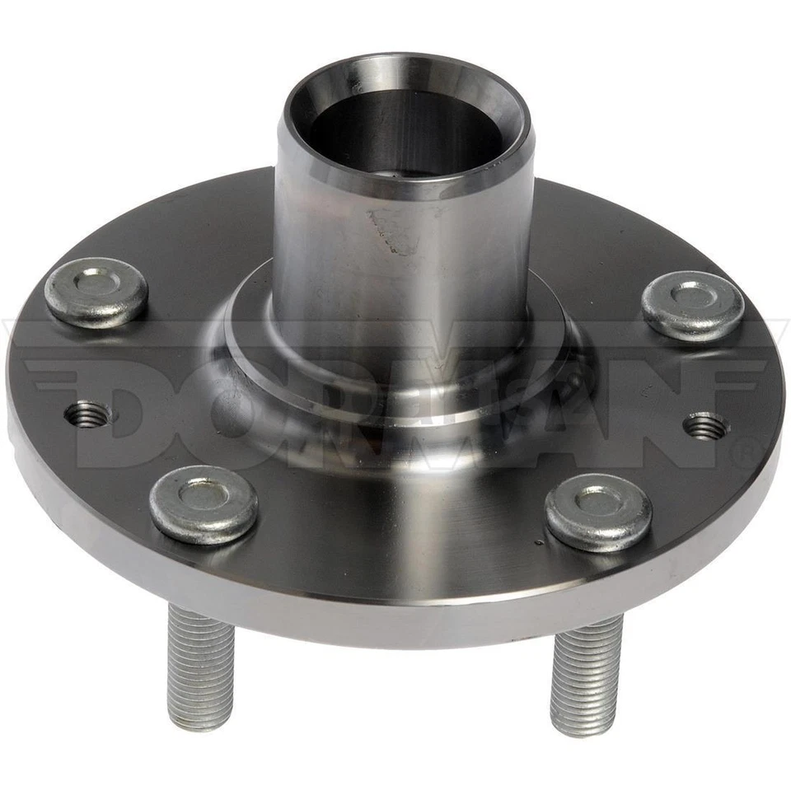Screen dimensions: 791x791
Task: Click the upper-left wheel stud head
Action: tap(96, 292)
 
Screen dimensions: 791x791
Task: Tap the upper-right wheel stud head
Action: tap(692, 305)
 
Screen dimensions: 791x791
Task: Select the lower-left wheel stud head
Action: tap(204, 503)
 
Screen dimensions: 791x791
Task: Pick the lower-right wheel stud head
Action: tap(598, 512)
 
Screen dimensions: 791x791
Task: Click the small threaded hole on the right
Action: tap(705, 426)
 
